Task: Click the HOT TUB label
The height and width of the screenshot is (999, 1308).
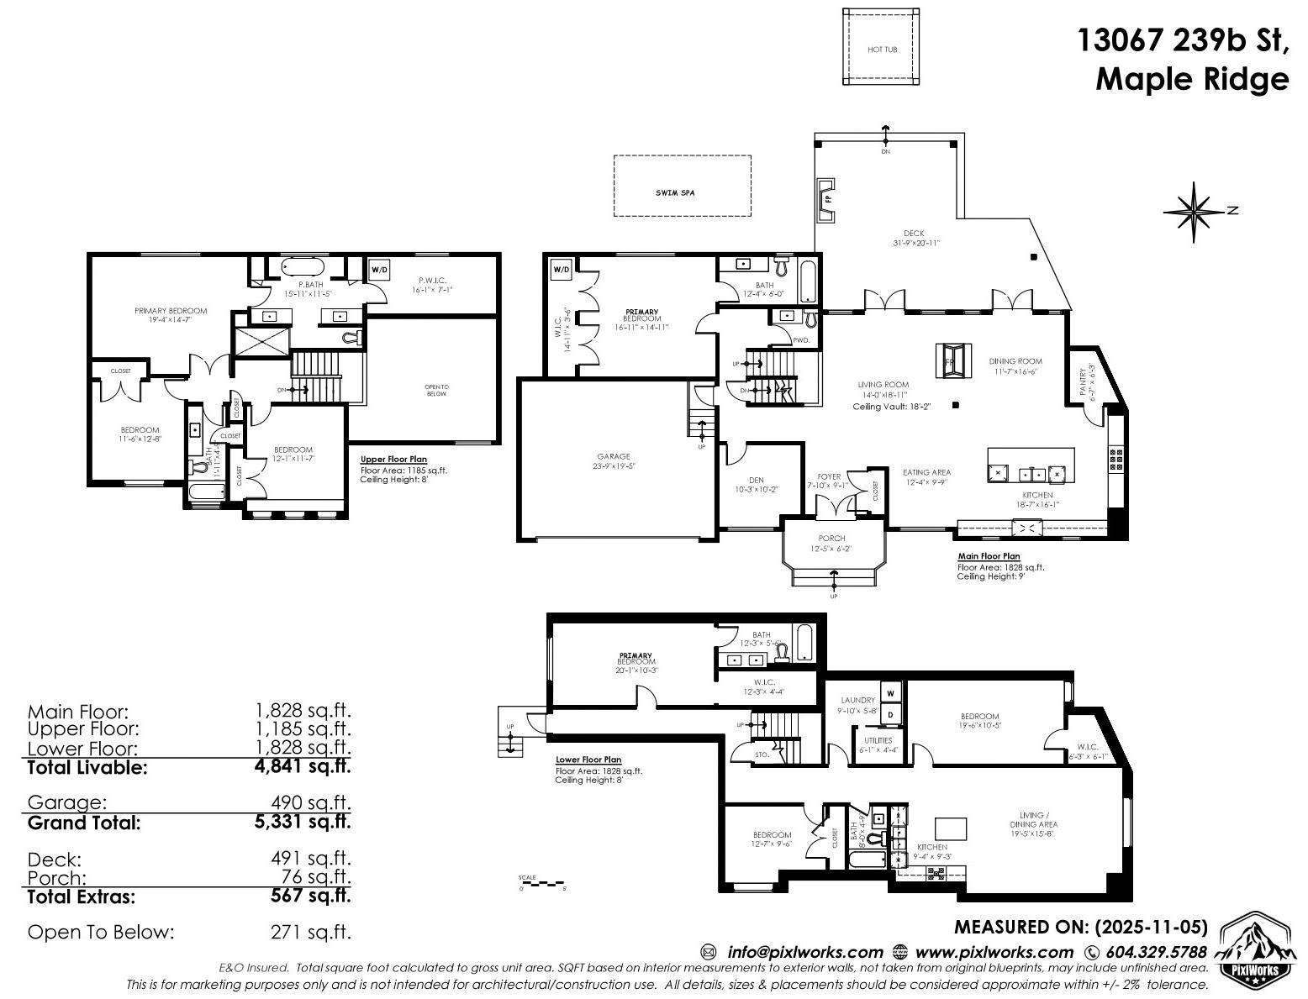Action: tap(882, 50)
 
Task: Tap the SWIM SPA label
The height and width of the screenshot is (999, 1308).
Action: tap(675, 193)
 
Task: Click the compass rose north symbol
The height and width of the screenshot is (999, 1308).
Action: tap(1194, 211)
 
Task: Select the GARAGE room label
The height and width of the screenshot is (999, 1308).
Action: tap(614, 457)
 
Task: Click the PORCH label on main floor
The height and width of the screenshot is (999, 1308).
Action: tap(831, 539)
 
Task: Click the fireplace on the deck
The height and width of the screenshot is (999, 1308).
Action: tap(827, 200)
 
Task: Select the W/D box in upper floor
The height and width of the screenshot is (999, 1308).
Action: tap(380, 270)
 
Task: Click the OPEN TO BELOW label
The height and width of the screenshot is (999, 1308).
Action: tap(436, 390)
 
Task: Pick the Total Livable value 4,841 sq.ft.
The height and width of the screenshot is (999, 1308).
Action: tap(303, 766)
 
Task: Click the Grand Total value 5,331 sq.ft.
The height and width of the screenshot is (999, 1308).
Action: tap(303, 822)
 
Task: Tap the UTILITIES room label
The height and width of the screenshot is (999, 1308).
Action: tap(875, 740)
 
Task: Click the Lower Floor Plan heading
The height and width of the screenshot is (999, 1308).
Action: tap(588, 760)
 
